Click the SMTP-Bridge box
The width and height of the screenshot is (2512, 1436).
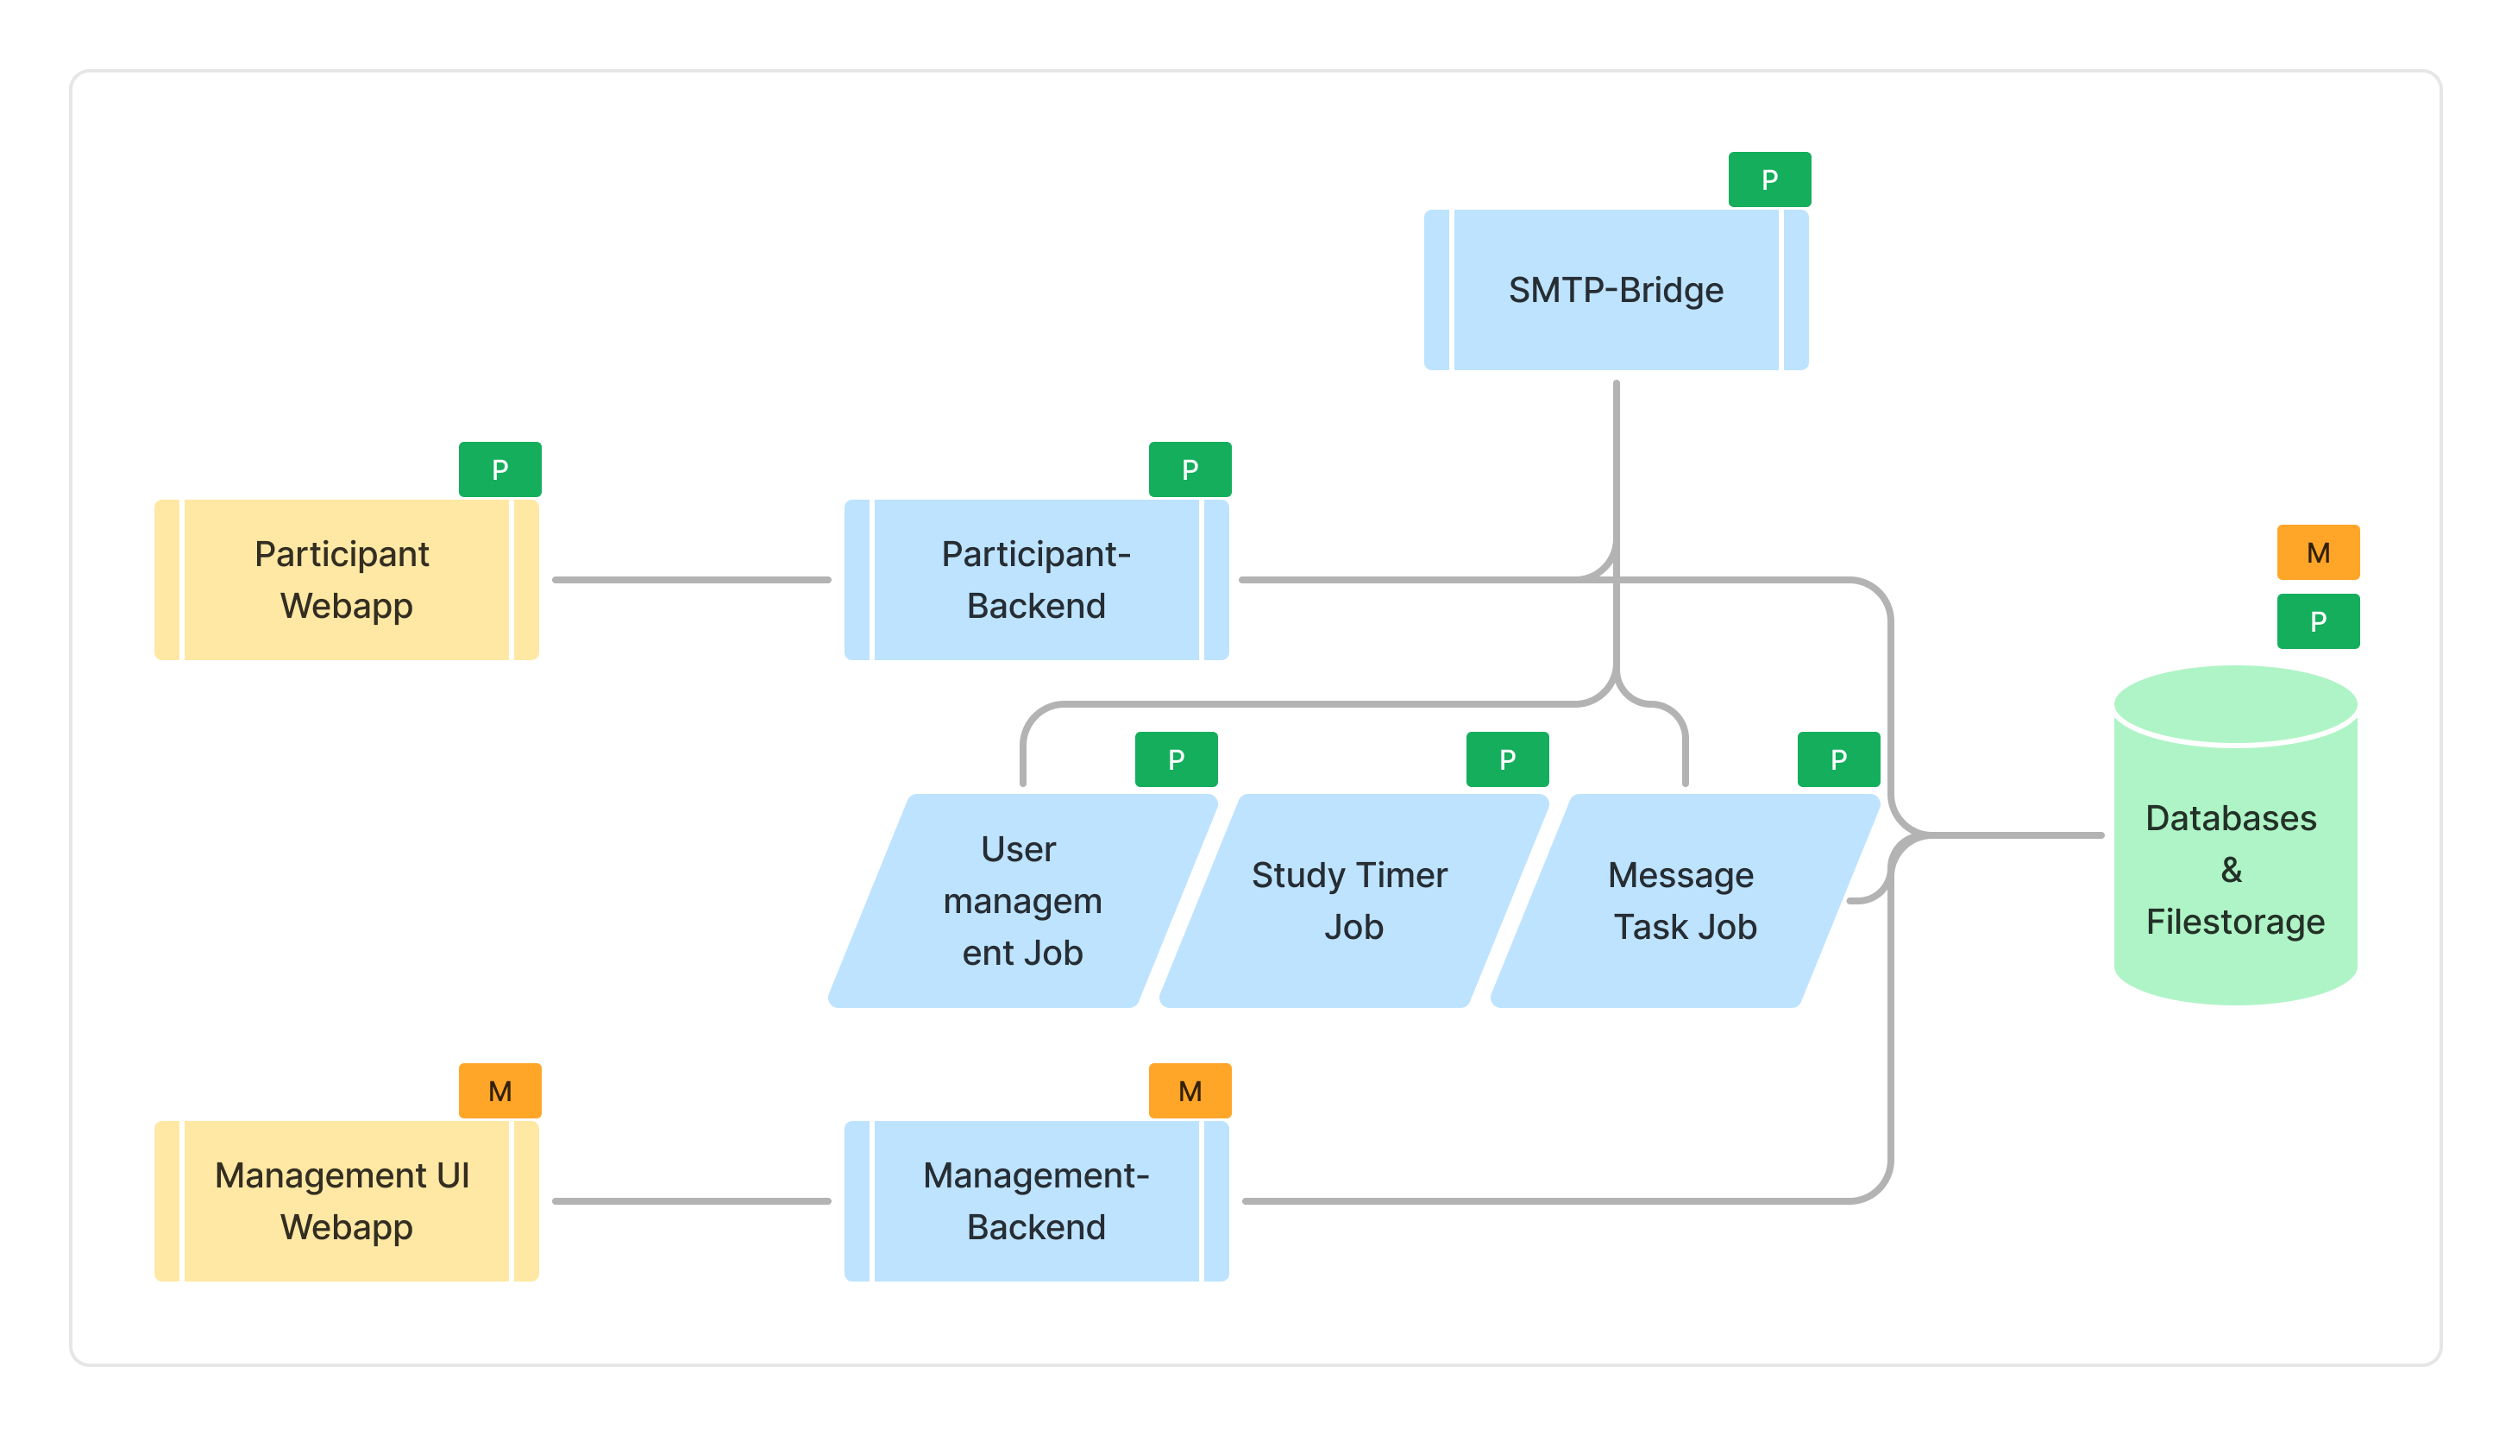click(1616, 290)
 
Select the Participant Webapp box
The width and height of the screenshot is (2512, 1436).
click(346, 580)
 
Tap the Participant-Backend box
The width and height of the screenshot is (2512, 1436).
click(1036, 580)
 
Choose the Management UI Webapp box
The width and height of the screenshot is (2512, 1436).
click(346, 1201)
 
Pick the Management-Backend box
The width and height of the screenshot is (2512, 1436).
click(1036, 1201)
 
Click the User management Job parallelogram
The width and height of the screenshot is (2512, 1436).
click(1022, 900)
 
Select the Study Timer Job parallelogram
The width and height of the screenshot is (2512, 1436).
click(1353, 900)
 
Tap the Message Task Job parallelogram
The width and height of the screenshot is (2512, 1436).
click(1684, 900)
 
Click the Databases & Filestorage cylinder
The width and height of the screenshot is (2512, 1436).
click(2235, 868)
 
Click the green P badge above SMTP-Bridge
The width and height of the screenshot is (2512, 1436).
click(1769, 179)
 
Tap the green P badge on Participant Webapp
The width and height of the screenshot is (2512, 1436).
click(499, 469)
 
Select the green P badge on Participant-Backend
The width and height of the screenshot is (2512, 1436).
click(1190, 469)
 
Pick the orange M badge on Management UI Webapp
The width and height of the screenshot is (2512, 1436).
click(499, 1091)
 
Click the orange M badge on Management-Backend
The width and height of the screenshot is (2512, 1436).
click(1190, 1091)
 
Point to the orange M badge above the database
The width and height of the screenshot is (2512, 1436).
click(2318, 552)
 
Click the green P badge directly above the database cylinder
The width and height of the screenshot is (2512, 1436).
click(2318, 621)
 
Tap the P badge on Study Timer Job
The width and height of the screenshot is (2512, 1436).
click(1507, 759)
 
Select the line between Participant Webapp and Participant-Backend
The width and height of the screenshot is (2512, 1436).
click(691, 580)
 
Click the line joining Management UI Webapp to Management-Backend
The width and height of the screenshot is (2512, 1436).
click(691, 1201)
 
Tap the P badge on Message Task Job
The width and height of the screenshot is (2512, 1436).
click(1838, 759)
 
